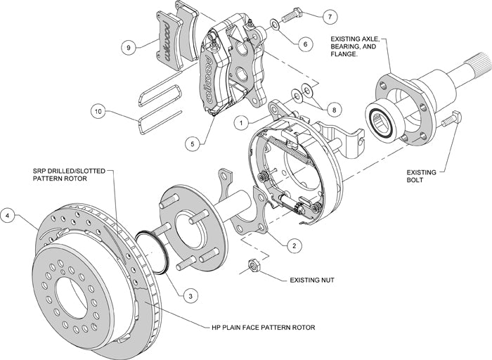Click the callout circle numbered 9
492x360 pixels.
pos(127,48)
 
